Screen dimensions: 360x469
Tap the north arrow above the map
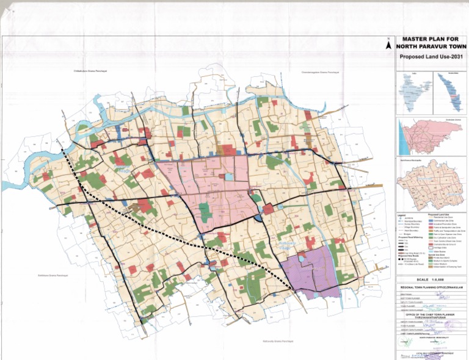click(388, 44)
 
